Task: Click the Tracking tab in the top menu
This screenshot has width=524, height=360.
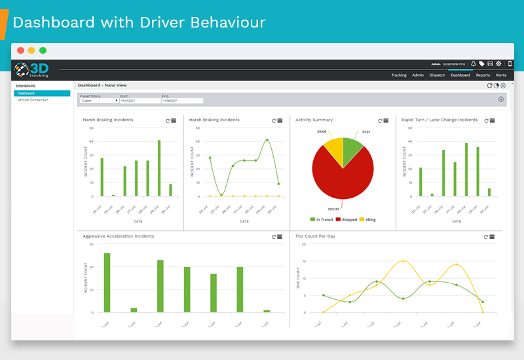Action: [399, 75]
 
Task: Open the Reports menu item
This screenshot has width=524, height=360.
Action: [483, 75]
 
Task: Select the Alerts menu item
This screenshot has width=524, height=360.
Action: [501, 75]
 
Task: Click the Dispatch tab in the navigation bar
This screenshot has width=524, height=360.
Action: [438, 75]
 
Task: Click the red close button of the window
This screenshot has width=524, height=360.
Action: [21, 50]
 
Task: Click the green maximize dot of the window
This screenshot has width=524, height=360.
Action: [43, 50]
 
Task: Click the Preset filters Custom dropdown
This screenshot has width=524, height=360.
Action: [99, 101]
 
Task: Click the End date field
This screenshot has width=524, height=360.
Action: [182, 101]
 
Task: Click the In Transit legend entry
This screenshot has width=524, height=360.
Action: [322, 220]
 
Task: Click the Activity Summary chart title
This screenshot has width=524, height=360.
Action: [314, 120]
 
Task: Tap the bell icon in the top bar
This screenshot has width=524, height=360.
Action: [474, 64]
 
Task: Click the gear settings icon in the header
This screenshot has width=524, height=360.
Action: [498, 64]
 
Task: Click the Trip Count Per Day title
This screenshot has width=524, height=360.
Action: [315, 236]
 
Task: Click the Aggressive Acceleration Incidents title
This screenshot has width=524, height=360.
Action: [119, 236]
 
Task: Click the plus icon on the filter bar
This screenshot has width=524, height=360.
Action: [501, 99]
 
